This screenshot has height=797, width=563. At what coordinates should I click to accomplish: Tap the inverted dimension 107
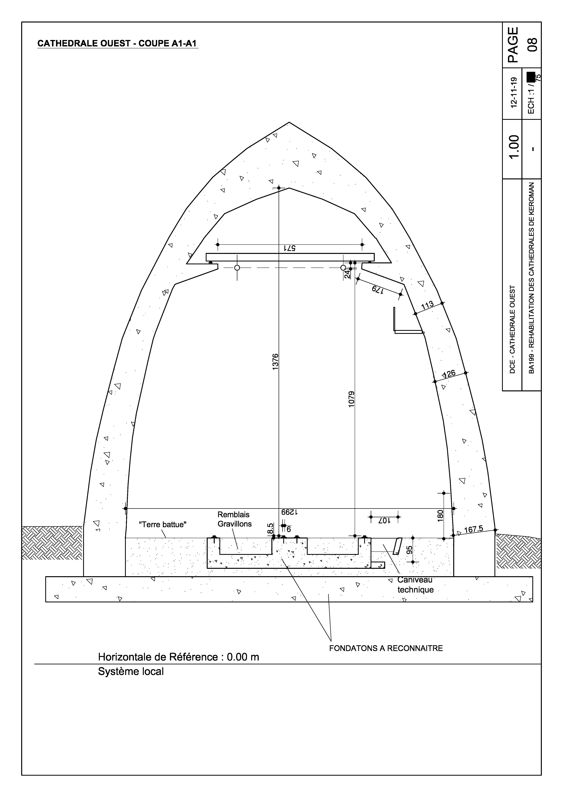click(x=384, y=521)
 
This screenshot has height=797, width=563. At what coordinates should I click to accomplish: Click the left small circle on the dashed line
click(x=237, y=268)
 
